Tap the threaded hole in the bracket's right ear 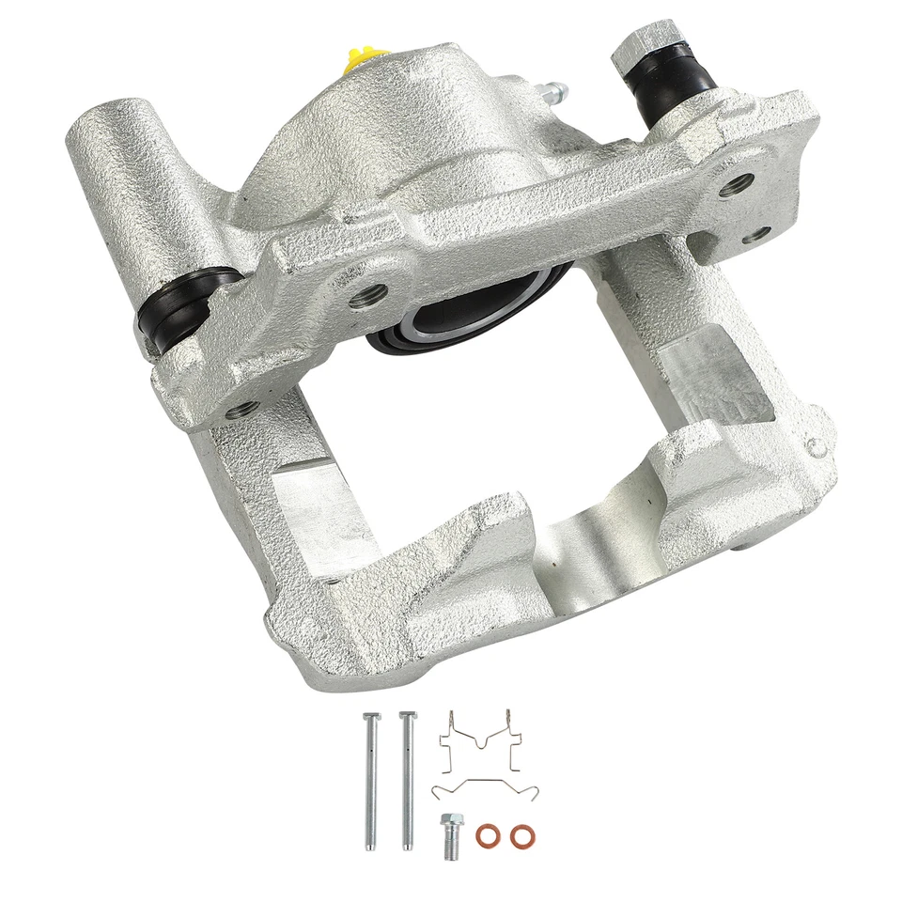point(731,183)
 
